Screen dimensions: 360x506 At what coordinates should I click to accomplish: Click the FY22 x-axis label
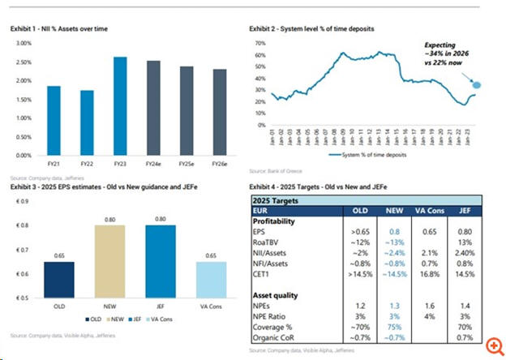pyautogui.click(x=87, y=163)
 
